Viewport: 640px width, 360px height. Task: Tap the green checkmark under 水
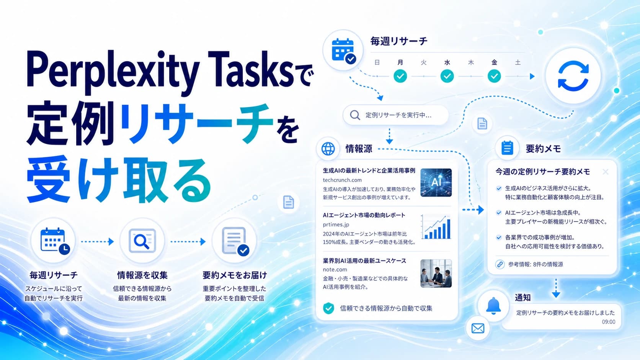[447, 76]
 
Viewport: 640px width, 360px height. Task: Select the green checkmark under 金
[494, 76]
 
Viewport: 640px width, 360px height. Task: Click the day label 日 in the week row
[377, 62]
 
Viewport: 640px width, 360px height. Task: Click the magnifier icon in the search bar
[355, 115]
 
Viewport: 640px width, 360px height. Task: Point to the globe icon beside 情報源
[328, 149]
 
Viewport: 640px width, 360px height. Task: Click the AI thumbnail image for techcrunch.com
[436, 182]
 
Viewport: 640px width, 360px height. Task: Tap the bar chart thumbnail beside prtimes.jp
[436, 227]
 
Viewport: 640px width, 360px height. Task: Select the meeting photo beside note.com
[436, 273]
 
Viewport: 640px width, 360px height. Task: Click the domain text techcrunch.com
[342, 180]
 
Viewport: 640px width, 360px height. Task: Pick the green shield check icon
[328, 308]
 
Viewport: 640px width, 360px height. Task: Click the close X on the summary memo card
[605, 171]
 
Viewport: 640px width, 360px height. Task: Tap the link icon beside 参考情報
[500, 264]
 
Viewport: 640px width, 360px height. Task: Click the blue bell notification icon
[493, 306]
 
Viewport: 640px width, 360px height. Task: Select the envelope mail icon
[478, 328]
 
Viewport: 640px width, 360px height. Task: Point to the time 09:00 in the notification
[609, 322]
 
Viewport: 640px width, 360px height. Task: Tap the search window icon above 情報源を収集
[142, 241]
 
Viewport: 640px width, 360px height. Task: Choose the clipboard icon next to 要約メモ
[507, 148]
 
